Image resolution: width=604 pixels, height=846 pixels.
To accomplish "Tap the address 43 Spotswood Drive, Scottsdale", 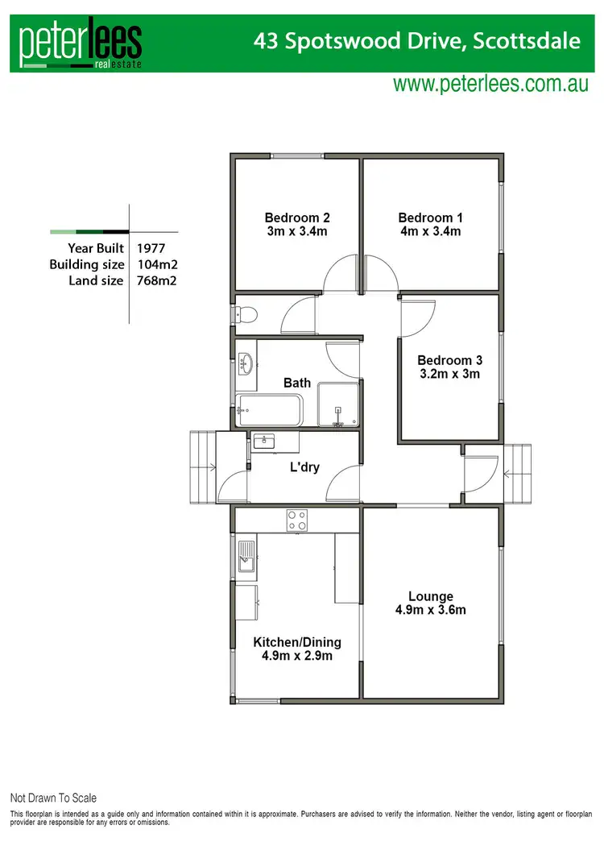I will click(417, 40).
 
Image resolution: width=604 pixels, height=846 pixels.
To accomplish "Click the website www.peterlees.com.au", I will click(490, 84).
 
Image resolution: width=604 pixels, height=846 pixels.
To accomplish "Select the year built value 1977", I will click(151, 248).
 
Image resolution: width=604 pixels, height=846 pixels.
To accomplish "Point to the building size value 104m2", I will click(157, 264).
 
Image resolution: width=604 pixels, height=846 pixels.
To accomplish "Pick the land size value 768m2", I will click(157, 280).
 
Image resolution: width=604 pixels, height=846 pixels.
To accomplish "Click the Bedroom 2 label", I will click(297, 218).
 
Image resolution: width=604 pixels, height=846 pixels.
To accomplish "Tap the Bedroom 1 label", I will click(430, 218).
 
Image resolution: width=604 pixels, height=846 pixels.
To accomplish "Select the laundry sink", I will click(263, 442).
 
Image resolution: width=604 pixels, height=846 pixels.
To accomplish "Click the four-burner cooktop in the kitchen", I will click(296, 521).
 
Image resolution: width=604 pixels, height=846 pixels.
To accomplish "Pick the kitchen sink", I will click(246, 556).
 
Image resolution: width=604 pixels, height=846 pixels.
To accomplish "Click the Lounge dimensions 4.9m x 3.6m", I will click(430, 610).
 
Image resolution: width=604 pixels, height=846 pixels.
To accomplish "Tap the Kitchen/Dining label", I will click(297, 642).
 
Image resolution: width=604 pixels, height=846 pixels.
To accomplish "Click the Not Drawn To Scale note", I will click(53, 798).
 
